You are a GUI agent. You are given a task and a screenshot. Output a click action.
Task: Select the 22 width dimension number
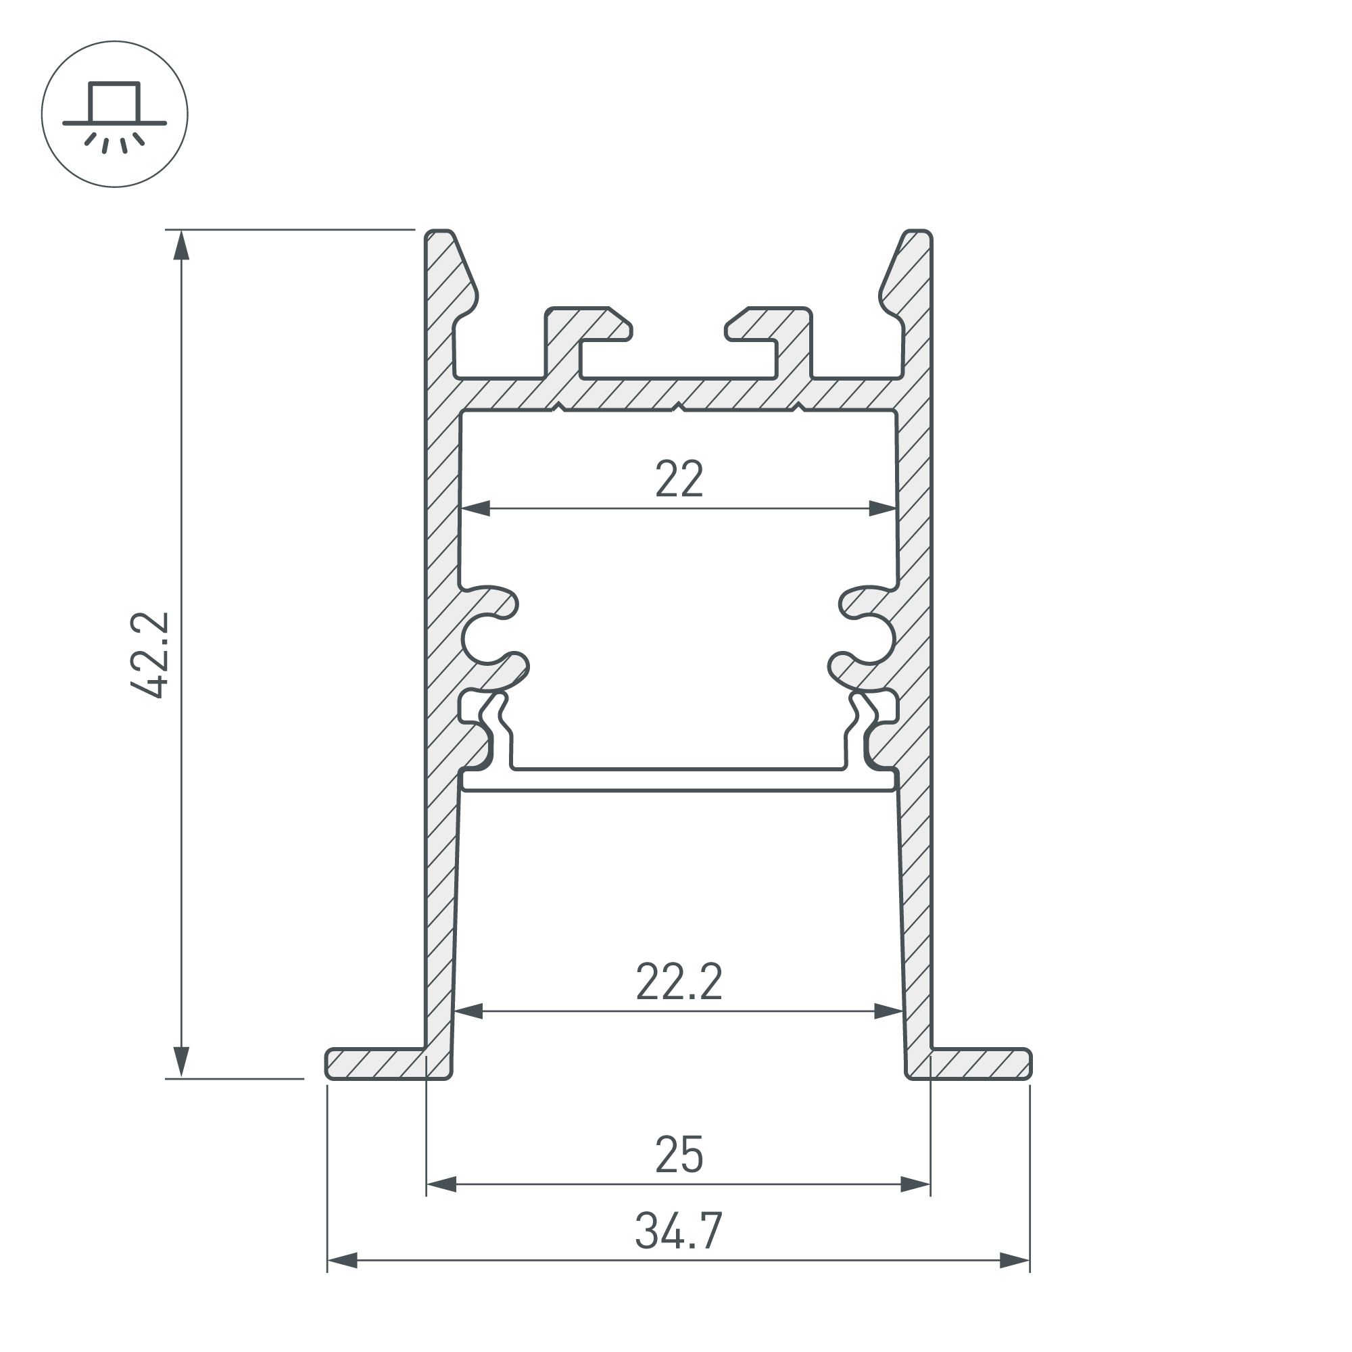click(x=679, y=479)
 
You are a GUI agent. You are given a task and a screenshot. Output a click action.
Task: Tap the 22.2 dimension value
click(x=679, y=982)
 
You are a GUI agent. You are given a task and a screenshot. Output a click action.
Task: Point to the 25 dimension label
click(x=679, y=1155)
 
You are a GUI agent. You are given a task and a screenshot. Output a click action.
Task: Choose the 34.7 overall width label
click(x=679, y=1231)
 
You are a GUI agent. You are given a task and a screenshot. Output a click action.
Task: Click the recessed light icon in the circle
click(x=115, y=114)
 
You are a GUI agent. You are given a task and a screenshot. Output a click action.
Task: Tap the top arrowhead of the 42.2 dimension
click(x=181, y=245)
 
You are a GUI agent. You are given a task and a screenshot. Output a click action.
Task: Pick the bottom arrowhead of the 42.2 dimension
click(x=181, y=1063)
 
